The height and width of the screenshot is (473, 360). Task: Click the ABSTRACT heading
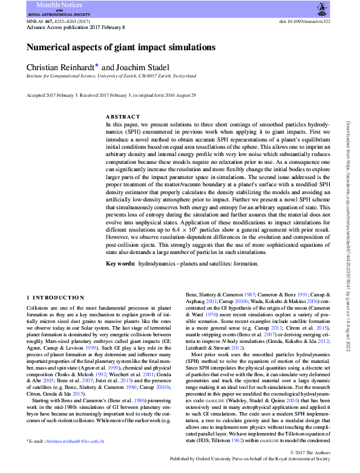(x=122, y=116)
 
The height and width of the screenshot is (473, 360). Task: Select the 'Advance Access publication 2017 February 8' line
(x=76, y=27)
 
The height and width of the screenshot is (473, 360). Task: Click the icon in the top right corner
(x=319, y=9)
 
